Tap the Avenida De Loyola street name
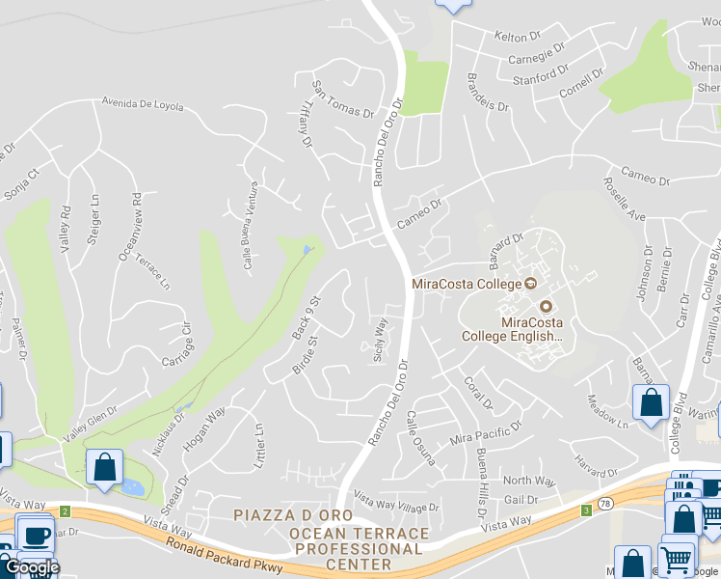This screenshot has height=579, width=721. (x=143, y=104)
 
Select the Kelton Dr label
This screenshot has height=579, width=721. (x=518, y=37)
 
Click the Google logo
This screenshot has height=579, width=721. (x=31, y=568)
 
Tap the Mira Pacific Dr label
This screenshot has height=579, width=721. (x=486, y=431)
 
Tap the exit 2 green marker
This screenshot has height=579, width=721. (x=65, y=510)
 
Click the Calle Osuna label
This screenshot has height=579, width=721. (x=421, y=438)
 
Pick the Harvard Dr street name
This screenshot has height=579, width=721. (x=594, y=467)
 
